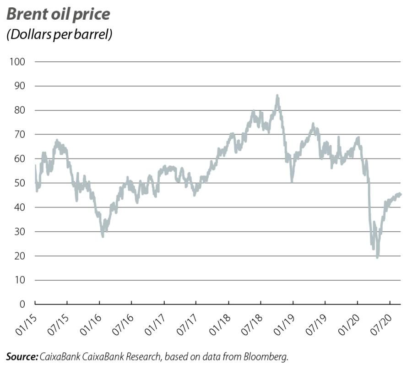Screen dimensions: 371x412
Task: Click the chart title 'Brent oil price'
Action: pyautogui.click(x=58, y=14)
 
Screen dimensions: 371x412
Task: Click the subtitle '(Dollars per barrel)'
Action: pyautogui.click(x=60, y=35)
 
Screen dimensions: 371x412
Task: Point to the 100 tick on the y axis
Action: pyautogui.click(x=16, y=62)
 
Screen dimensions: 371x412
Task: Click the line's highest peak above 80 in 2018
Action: pyautogui.click(x=277, y=96)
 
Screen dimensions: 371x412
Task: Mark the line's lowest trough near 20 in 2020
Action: pyautogui.click(x=377, y=257)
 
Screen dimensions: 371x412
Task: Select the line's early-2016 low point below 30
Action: pyautogui.click(x=103, y=236)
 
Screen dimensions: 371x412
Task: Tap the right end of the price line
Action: pyautogui.click(x=401, y=194)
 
